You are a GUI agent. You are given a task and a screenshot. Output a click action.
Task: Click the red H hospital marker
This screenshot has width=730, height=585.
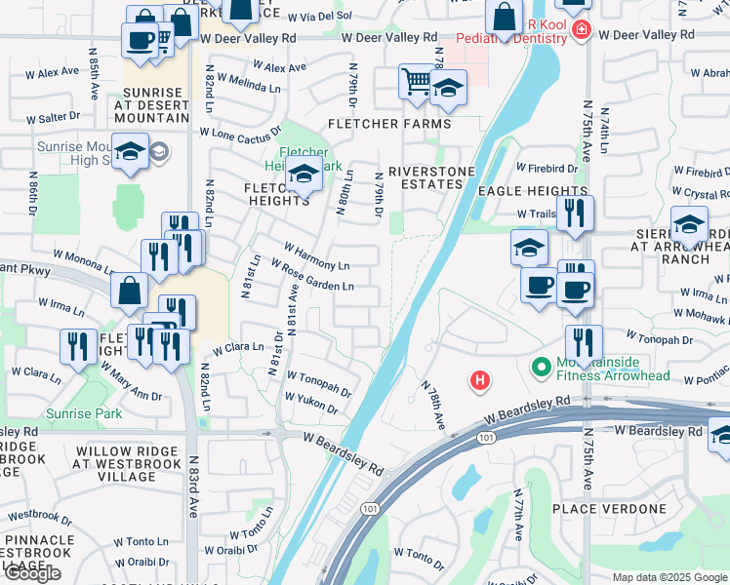pyautogui.click(x=479, y=380)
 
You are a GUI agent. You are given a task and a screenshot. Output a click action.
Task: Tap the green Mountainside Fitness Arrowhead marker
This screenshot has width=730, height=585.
pyautogui.click(x=540, y=368)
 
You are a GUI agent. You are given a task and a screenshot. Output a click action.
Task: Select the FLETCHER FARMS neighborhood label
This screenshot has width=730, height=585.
pyautogui.click(x=389, y=124)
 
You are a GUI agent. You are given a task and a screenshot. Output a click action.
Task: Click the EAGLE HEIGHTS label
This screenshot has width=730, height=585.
pyautogui.click(x=534, y=193)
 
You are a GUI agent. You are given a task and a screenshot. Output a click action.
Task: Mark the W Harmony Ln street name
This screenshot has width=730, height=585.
pyautogui.click(x=316, y=256)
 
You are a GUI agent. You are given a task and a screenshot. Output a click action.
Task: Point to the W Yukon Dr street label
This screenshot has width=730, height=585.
pyautogui.click(x=311, y=404)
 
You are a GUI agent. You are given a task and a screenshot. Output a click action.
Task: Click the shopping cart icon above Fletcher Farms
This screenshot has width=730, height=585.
pyautogui.click(x=416, y=82)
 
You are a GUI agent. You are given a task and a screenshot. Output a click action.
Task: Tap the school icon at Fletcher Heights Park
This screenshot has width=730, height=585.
pyautogui.click(x=304, y=176)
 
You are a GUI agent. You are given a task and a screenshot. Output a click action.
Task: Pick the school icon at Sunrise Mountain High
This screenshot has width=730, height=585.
pyautogui.click(x=129, y=152)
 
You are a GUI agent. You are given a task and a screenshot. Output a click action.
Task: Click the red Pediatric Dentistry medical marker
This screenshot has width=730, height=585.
pyautogui.click(x=582, y=29)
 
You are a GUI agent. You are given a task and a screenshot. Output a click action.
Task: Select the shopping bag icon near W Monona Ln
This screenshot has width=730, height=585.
pyautogui.click(x=130, y=290)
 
